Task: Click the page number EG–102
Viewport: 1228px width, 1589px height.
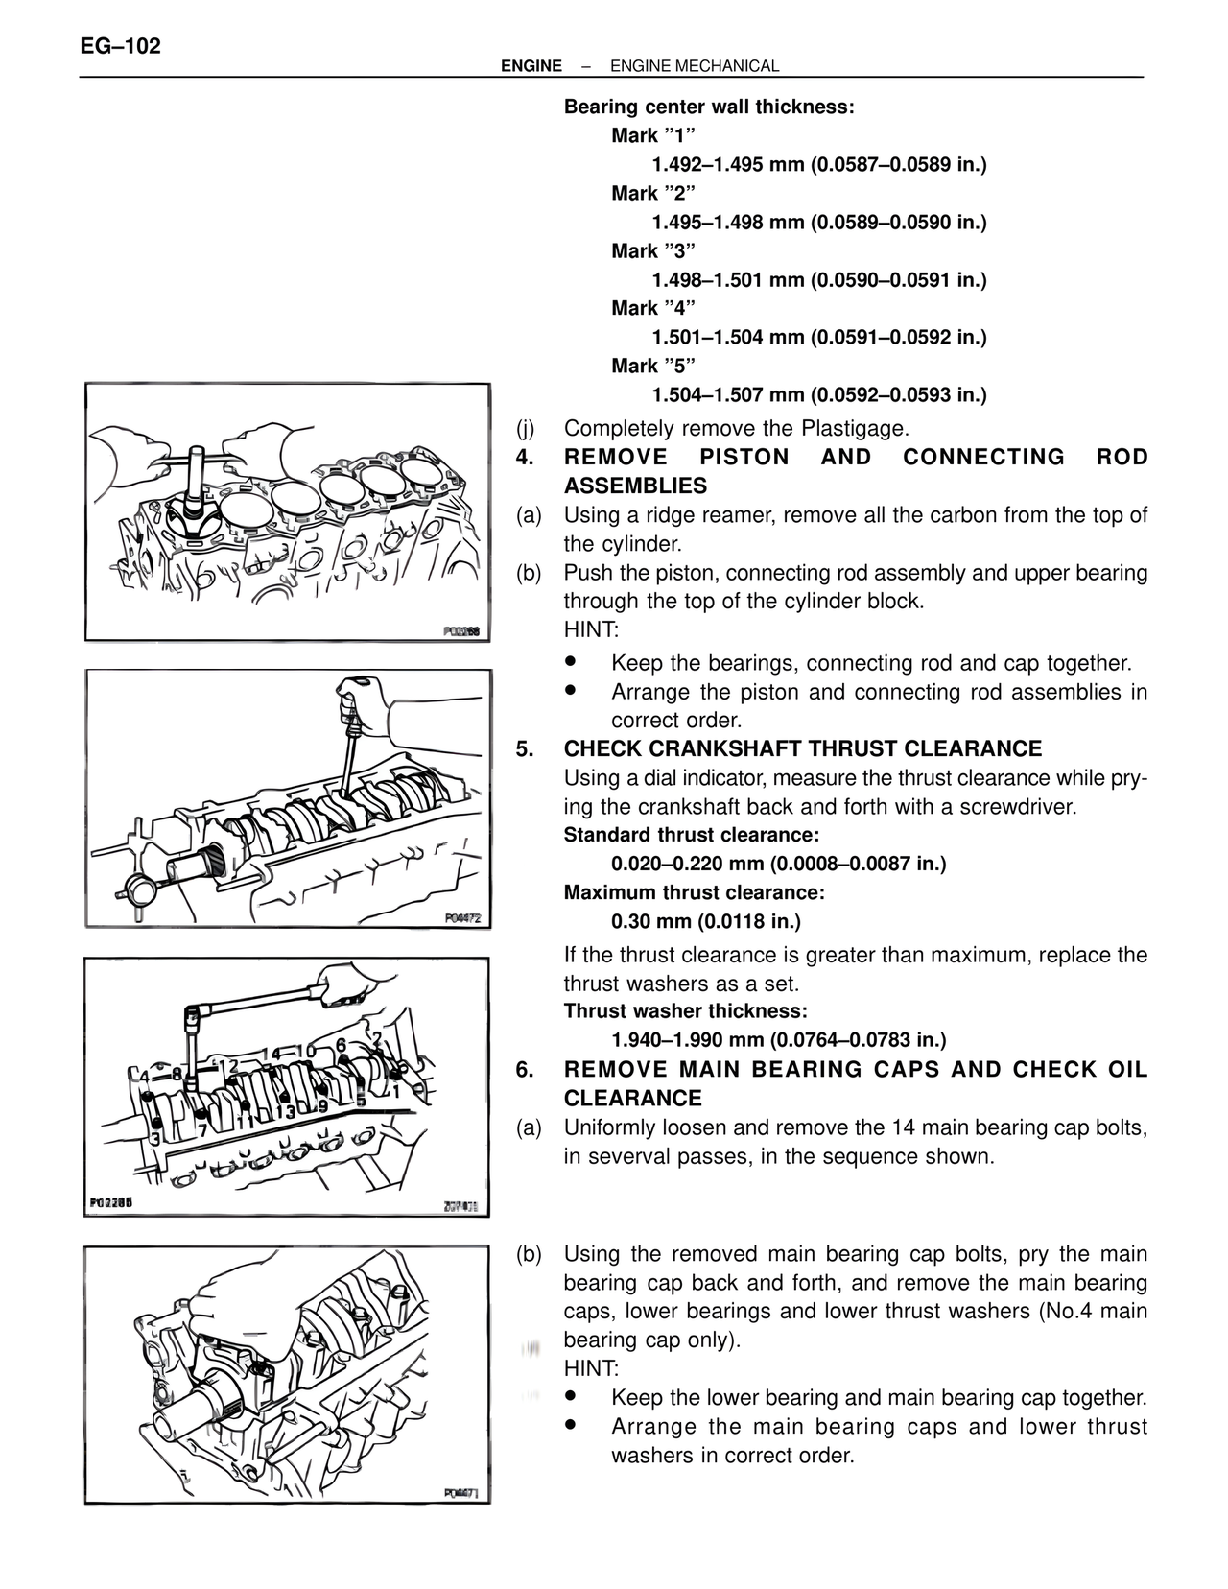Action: pyautogui.click(x=120, y=45)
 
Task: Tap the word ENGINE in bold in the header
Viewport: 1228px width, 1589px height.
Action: pyautogui.click(x=531, y=66)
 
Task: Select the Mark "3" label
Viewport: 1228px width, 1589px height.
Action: pyautogui.click(x=652, y=251)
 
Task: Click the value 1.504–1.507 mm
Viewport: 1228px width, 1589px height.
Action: pyautogui.click(x=727, y=395)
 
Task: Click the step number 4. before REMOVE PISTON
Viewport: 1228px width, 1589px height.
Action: pyautogui.click(x=524, y=458)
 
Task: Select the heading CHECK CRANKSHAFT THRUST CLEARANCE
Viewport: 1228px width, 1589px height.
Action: pyautogui.click(x=802, y=749)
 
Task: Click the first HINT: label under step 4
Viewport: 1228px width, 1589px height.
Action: pyautogui.click(x=591, y=630)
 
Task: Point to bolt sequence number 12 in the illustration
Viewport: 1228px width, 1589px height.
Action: pyautogui.click(x=227, y=1066)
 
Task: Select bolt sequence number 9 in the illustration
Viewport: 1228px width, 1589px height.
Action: pyautogui.click(x=322, y=1105)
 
